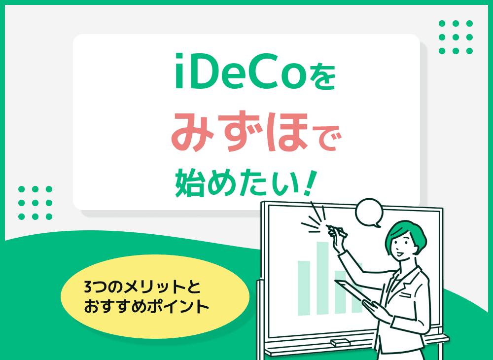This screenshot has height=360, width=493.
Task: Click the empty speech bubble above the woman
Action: click(x=369, y=212)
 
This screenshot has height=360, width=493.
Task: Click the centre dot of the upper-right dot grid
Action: click(x=456, y=36)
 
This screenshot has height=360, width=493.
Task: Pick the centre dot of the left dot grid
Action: click(x=35, y=202)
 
